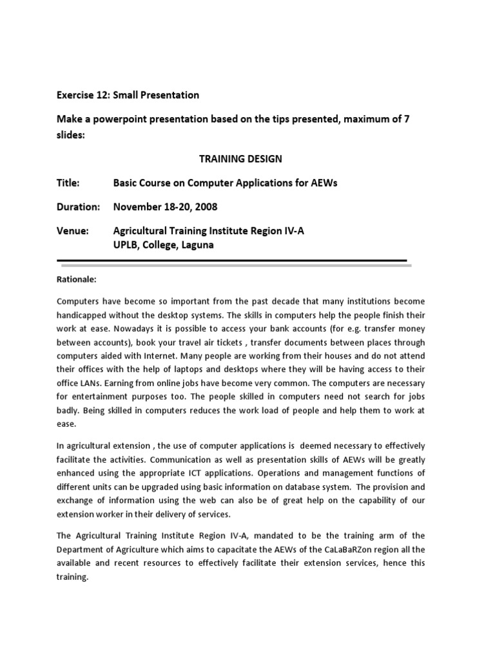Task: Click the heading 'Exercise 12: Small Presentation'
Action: point(128,95)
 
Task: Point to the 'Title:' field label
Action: point(68,183)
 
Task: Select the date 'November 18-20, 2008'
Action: point(165,207)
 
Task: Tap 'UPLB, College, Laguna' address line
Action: point(164,245)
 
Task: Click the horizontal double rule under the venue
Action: point(233,261)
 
